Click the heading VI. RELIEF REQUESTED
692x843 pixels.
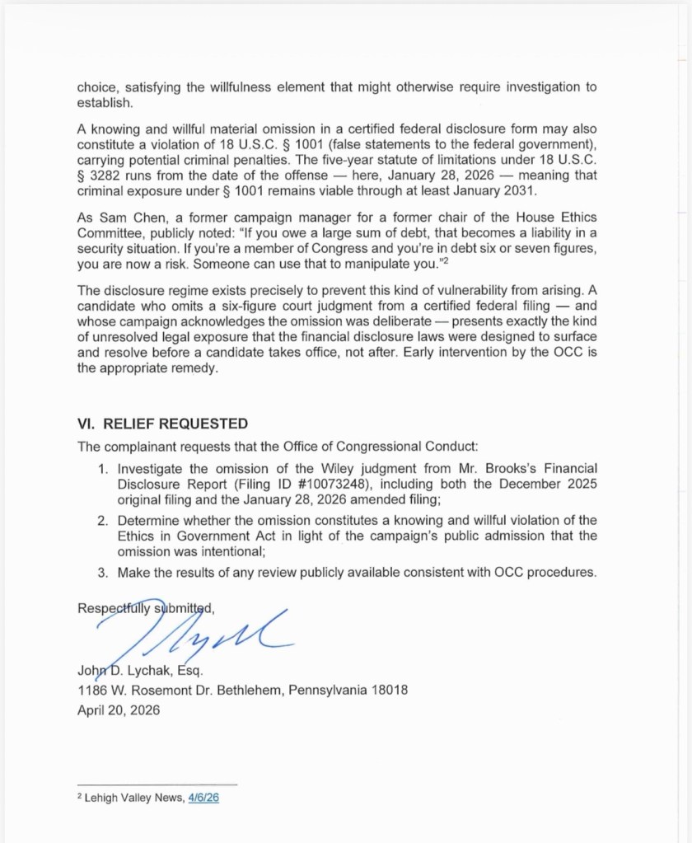click(162, 424)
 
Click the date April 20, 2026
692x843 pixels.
click(119, 710)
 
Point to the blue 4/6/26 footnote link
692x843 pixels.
click(203, 799)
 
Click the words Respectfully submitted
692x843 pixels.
click(146, 608)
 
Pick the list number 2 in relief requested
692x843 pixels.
click(102, 521)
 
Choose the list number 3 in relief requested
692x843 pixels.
click(102, 572)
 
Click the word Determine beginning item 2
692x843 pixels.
click(149, 521)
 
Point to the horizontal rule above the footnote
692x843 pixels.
click(157, 784)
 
